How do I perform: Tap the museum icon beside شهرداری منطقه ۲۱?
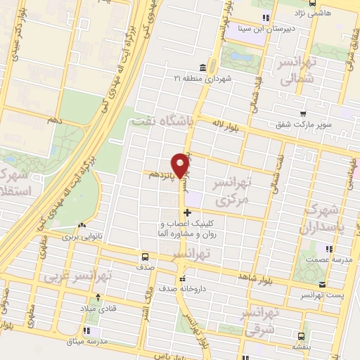pyautogui.click(x=202, y=67)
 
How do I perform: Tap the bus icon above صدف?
pyautogui.click(x=145, y=257)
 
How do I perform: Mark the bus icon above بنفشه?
pyautogui.click(x=300, y=336)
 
